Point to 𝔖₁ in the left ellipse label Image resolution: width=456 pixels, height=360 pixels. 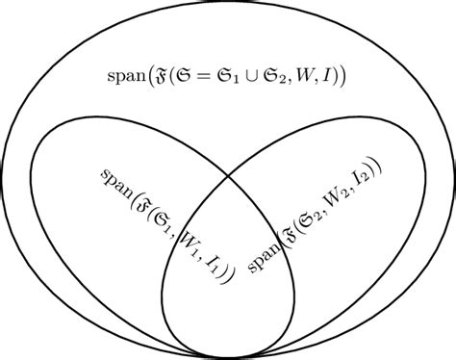point(165,223)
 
